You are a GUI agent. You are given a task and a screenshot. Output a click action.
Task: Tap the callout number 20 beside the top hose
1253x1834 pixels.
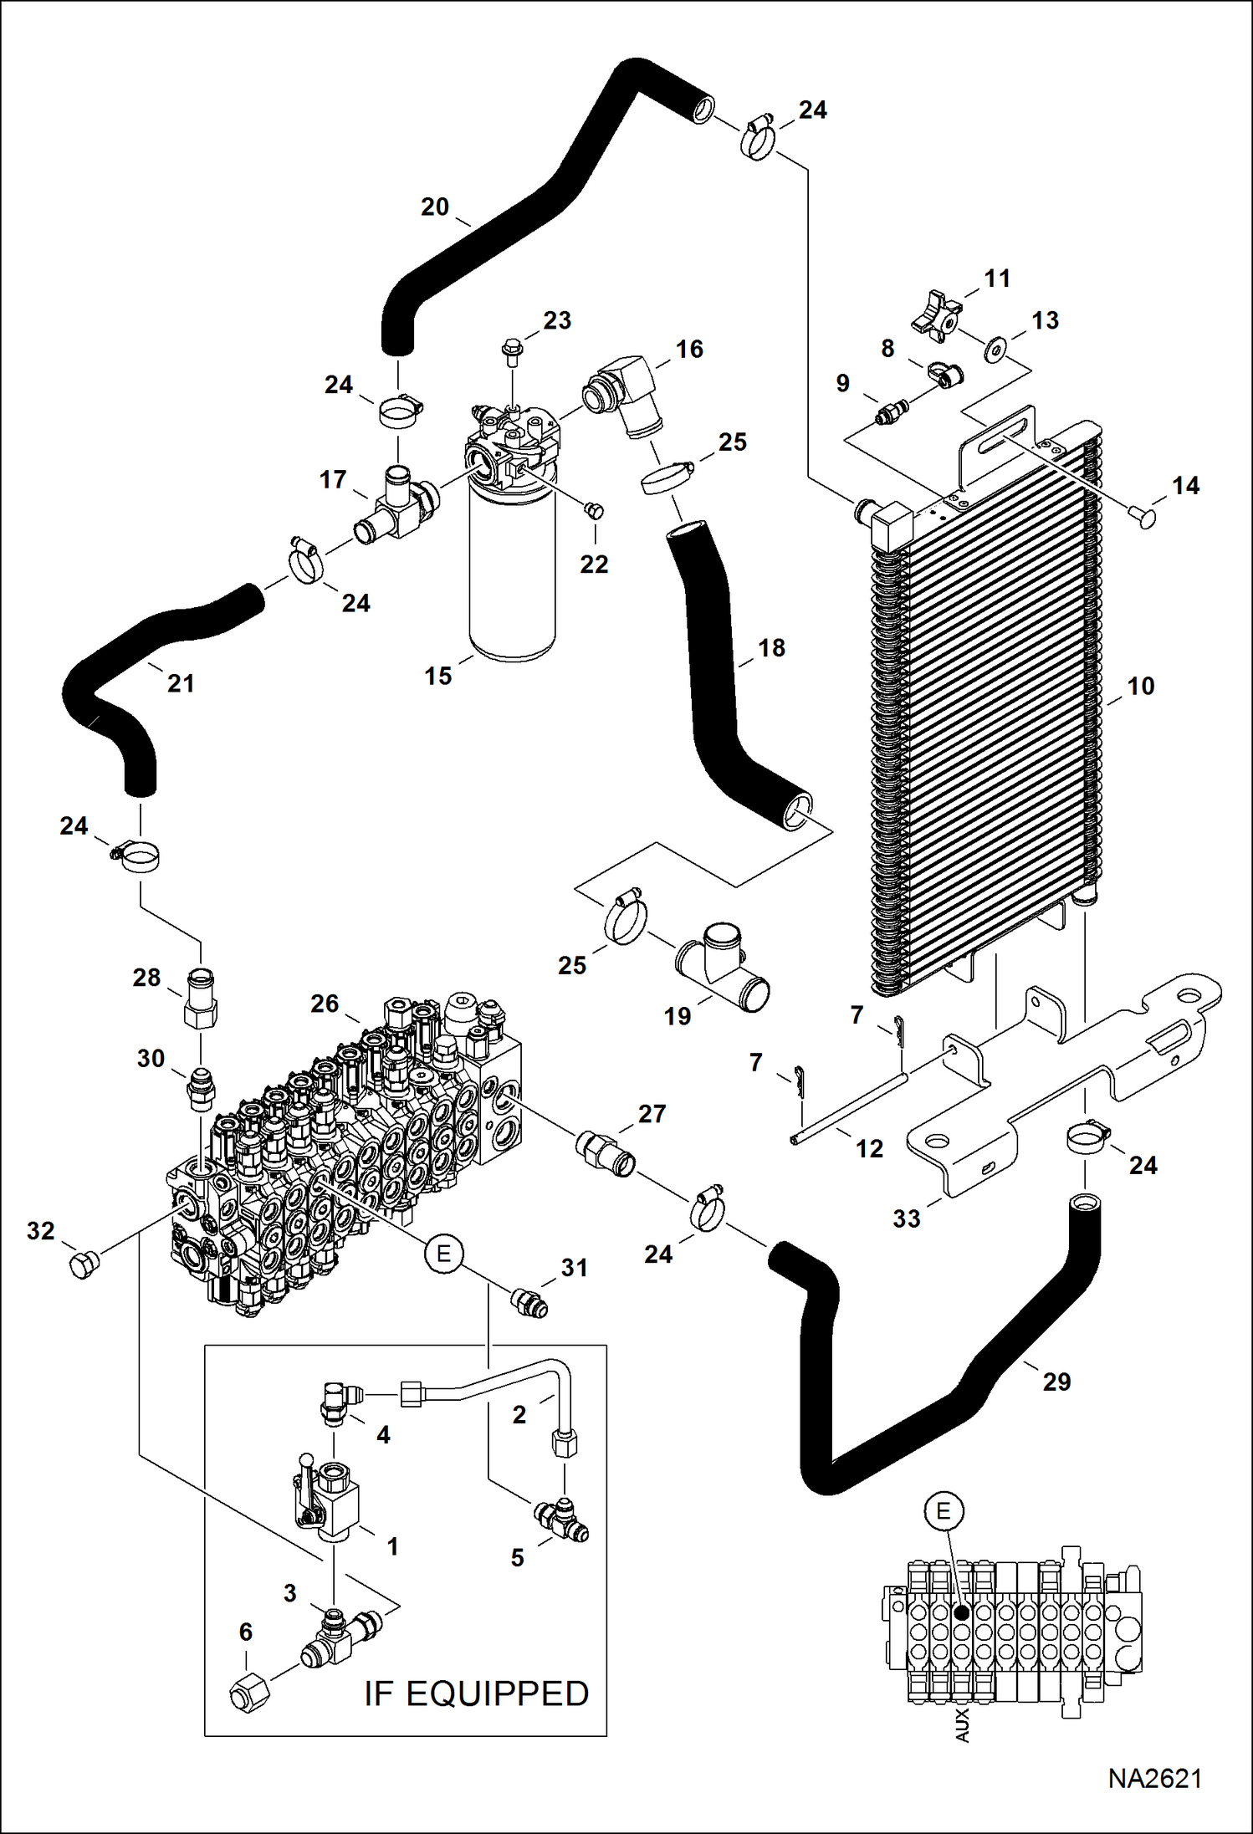pos(435,207)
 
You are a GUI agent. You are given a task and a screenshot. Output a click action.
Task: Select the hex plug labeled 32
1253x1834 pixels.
pos(82,1265)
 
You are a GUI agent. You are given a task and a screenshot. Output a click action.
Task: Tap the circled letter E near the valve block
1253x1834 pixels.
pos(443,1253)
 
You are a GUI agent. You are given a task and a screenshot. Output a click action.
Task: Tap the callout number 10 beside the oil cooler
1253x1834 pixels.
pos(1140,686)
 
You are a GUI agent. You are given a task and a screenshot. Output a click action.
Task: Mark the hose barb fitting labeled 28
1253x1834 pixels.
pos(201,999)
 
